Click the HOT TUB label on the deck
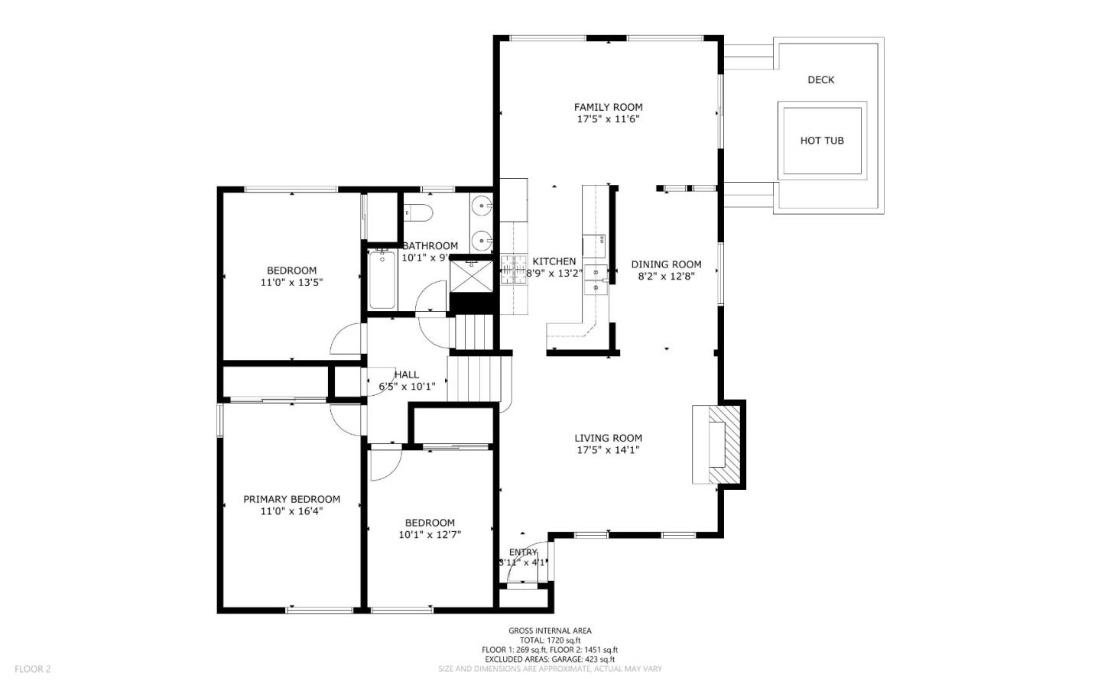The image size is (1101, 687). click(x=821, y=141)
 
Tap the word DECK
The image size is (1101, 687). click(x=820, y=79)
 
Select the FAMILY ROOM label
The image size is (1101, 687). click(x=608, y=107)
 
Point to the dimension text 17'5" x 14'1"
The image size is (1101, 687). click(x=608, y=450)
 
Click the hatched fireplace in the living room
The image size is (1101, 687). click(x=726, y=445)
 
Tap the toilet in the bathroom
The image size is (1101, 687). click(x=418, y=212)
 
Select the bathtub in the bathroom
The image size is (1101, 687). click(x=382, y=279)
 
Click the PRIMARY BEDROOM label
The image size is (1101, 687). click(x=291, y=499)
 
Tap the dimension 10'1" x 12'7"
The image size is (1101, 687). click(x=430, y=535)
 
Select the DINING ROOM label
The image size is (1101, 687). click(x=666, y=264)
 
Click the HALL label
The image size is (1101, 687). click(x=407, y=374)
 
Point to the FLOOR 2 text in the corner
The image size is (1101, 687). click(x=32, y=669)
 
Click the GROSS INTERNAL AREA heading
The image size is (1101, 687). click(x=550, y=630)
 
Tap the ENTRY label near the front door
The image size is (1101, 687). click(x=523, y=553)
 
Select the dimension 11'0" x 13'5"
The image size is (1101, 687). click(x=291, y=282)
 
